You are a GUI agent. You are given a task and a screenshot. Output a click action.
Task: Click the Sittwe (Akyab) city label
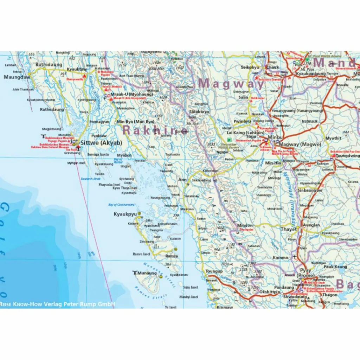(99, 143)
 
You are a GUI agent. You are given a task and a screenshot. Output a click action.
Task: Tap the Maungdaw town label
(17, 77)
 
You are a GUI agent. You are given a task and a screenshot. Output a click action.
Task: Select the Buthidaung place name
(49, 65)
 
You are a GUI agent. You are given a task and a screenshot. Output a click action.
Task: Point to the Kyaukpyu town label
(124, 214)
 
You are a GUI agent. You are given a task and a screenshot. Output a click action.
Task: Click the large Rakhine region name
(155, 130)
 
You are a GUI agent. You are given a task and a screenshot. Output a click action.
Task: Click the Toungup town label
(214, 271)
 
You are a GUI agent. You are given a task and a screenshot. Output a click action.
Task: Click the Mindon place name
(245, 225)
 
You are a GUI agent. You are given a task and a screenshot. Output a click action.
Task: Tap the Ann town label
(183, 180)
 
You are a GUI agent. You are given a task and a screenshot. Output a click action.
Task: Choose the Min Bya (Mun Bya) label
(135, 122)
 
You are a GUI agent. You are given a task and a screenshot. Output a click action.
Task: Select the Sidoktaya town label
(199, 111)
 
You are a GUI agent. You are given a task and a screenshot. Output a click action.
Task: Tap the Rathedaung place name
(52, 109)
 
